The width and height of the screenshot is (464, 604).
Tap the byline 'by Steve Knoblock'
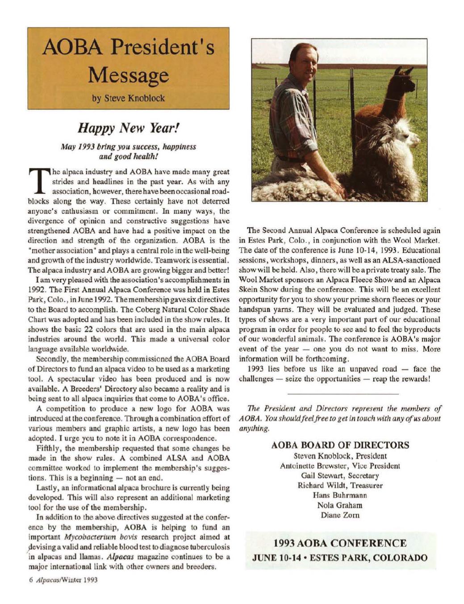[x=129, y=98]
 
